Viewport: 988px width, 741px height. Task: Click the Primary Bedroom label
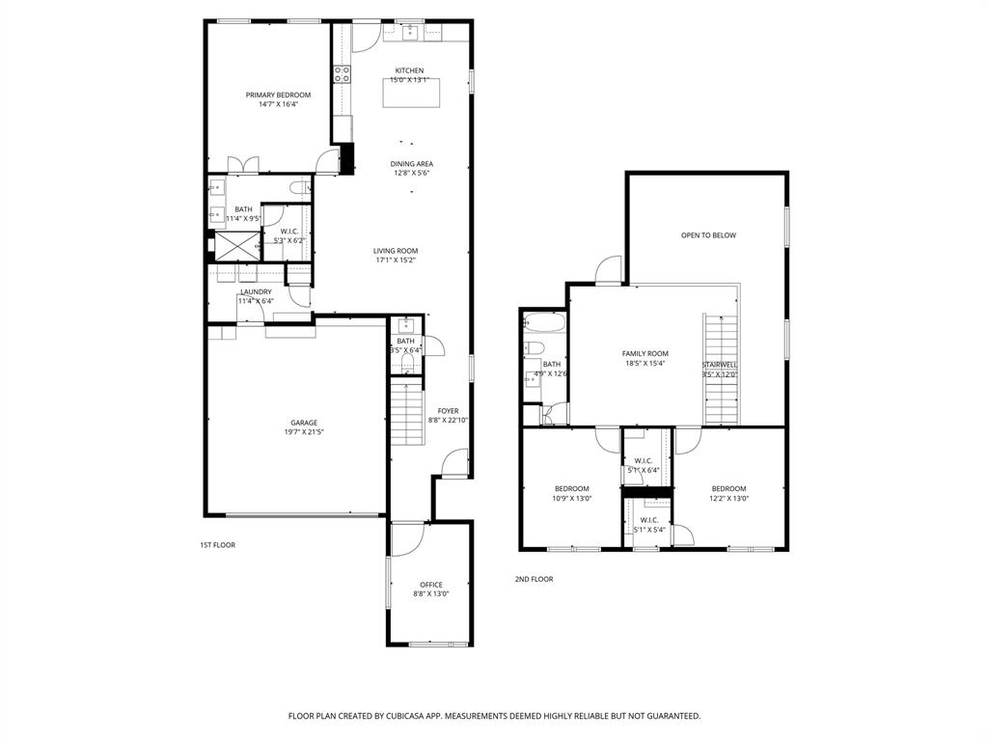(278, 95)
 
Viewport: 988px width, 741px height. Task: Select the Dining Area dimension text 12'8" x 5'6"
(412, 174)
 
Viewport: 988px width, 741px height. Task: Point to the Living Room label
(396, 251)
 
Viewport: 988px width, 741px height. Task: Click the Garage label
(304, 423)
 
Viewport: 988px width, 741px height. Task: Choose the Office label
(431, 585)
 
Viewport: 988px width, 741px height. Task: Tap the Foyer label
(448, 411)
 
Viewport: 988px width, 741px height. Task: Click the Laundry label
(256, 291)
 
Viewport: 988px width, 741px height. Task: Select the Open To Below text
(708, 235)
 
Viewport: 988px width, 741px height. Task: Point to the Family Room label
(645, 354)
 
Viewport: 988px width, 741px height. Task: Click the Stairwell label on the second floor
(720, 365)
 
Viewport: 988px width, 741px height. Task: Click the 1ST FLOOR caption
(217, 545)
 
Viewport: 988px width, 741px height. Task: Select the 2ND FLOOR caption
(534, 579)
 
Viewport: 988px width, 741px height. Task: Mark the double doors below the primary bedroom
(241, 164)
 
